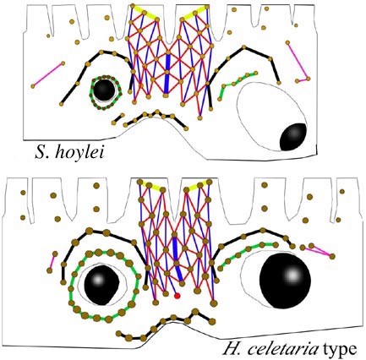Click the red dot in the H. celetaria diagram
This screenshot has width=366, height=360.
coord(177,296)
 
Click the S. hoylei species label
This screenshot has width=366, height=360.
coord(69,153)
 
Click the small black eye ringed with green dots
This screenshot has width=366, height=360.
coord(104,90)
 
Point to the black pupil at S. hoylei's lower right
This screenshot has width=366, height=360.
coord(292,137)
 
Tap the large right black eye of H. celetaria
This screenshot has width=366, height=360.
coord(285,281)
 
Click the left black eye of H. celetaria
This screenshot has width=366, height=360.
coord(101,285)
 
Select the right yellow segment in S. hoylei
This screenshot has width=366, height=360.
coord(194,13)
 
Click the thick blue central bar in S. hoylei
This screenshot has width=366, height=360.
coord(167,74)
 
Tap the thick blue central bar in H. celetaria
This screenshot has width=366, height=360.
coord(178,259)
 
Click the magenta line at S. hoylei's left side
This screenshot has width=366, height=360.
coord(48,74)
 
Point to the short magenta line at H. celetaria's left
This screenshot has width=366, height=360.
coord(52,262)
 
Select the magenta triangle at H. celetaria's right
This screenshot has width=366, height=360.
coord(320,250)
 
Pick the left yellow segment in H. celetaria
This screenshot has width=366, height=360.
coord(151,186)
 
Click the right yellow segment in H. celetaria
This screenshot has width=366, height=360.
coord(197,186)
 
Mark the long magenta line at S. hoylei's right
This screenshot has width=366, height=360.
coord(298,60)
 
